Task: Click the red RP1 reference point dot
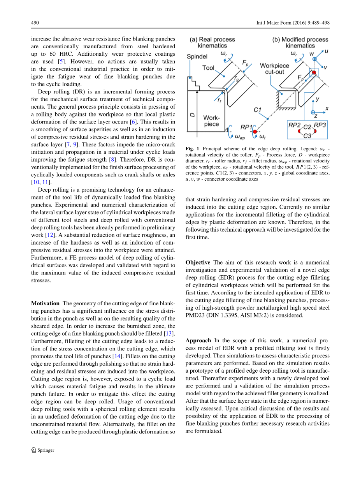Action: coord(255,132)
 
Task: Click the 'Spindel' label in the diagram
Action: coord(197,56)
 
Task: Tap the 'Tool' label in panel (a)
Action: coord(208,68)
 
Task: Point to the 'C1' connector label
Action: coord(257,110)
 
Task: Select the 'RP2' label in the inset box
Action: coord(294,125)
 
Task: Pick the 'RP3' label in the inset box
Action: coord(320,125)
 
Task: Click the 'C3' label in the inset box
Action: coord(307,136)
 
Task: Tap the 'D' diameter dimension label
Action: coord(192,115)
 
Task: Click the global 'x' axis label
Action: coord(327,108)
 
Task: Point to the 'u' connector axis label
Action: coord(326,51)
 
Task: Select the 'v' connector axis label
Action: coord(326,67)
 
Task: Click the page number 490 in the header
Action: coord(35,23)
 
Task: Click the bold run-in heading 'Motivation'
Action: coord(45,303)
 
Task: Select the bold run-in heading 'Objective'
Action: coord(198,262)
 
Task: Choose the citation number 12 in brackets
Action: coord(49,235)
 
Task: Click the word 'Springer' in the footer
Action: coord(46,450)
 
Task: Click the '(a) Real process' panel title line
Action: coord(212,39)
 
